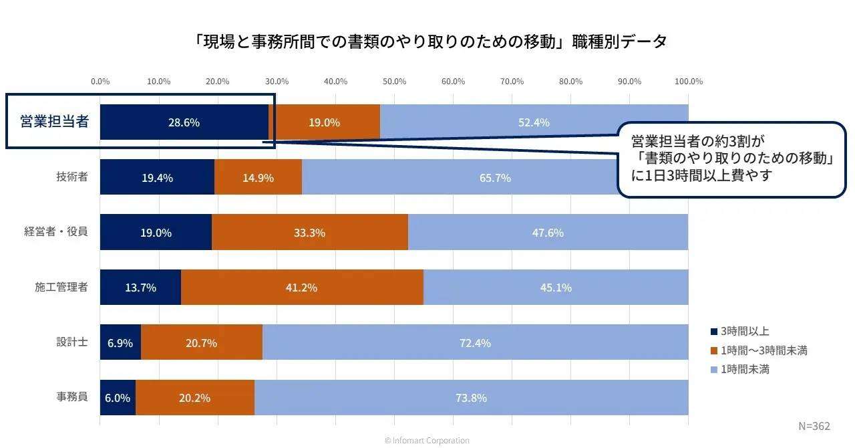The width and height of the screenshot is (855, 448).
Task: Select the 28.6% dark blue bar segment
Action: point(184,122)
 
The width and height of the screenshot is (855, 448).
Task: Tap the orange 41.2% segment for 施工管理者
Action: point(302,288)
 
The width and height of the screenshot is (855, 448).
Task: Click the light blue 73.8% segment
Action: point(471,398)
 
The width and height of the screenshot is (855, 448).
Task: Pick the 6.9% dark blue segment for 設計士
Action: point(120,343)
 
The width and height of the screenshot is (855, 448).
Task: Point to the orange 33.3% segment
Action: point(309,233)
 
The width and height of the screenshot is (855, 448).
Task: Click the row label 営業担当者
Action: point(54,122)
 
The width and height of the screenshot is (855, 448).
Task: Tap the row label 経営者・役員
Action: point(56,232)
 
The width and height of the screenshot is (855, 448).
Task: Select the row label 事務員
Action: point(72,397)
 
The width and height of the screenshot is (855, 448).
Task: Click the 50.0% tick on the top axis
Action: point(394,82)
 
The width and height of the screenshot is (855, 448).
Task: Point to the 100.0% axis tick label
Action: point(689,82)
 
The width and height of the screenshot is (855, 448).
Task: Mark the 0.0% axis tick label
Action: point(100,82)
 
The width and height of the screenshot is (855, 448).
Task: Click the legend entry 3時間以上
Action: point(745,331)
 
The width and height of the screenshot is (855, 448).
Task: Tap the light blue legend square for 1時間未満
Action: point(714,369)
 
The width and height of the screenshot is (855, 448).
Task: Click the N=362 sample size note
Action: point(814,426)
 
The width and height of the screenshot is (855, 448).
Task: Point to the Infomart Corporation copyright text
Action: point(427,441)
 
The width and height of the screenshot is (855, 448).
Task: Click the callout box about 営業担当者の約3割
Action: point(731,159)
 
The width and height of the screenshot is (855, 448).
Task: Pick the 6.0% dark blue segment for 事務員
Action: point(118,398)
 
